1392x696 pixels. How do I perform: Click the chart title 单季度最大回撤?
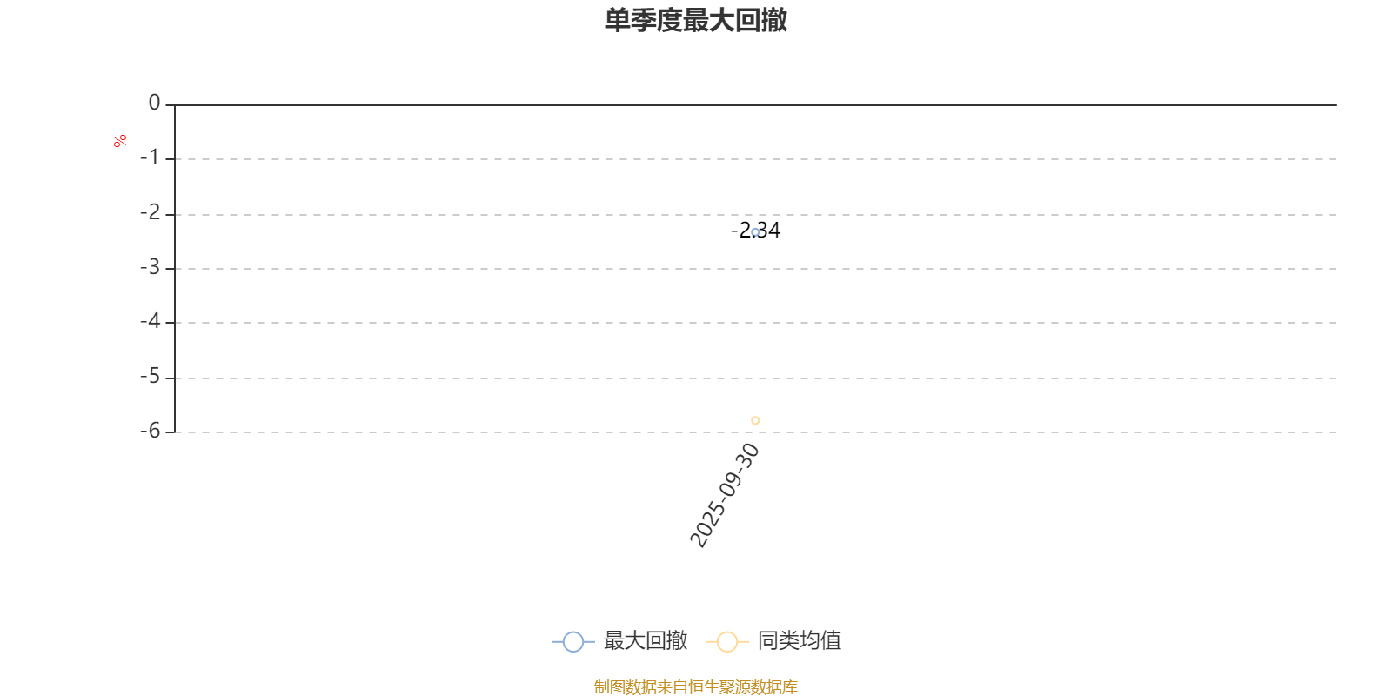pyautogui.click(x=696, y=20)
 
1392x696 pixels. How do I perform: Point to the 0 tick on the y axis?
pyautogui.click(x=154, y=103)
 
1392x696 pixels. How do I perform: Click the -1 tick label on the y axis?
pyautogui.click(x=150, y=157)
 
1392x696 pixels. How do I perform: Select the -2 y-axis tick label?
pyautogui.click(x=150, y=212)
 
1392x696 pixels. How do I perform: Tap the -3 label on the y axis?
pyautogui.click(x=150, y=267)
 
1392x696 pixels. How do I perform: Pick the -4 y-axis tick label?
pyautogui.click(x=150, y=321)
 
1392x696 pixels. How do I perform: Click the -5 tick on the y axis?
pyautogui.click(x=150, y=376)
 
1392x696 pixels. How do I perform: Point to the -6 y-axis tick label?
pyautogui.click(x=150, y=431)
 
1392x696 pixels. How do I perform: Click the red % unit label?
pyautogui.click(x=120, y=141)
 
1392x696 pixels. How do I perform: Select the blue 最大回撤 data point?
pyautogui.click(x=755, y=232)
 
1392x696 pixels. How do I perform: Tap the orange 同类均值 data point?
pyautogui.click(x=755, y=421)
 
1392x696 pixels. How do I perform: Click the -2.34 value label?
pyautogui.click(x=756, y=230)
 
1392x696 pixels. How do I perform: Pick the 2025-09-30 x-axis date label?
pyautogui.click(x=725, y=495)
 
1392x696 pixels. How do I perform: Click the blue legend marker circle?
pyautogui.click(x=573, y=641)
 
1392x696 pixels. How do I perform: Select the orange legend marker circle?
pyautogui.click(x=727, y=641)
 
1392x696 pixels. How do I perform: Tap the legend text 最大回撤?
pyautogui.click(x=645, y=640)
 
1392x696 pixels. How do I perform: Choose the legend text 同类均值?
pyautogui.click(x=800, y=640)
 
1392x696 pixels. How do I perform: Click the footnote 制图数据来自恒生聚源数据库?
pyautogui.click(x=695, y=686)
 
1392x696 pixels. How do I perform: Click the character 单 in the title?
pyautogui.click(x=618, y=20)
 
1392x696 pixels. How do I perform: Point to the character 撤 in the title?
pyautogui.click(x=774, y=20)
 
